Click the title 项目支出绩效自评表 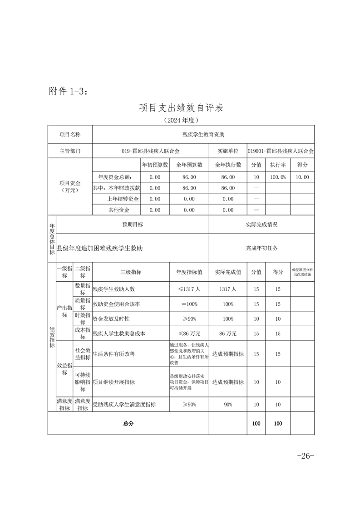(x=181, y=108)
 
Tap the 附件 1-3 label (x=68, y=91)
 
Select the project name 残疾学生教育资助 (x=203, y=135)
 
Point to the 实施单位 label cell (x=228, y=151)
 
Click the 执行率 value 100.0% (x=278, y=177)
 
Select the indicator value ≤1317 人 (x=189, y=289)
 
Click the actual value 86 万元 (x=228, y=333)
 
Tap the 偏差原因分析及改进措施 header (x=302, y=272)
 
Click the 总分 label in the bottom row (x=128, y=423)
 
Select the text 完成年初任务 (x=261, y=248)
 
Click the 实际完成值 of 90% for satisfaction (x=228, y=404)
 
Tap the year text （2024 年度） (x=181, y=121)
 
